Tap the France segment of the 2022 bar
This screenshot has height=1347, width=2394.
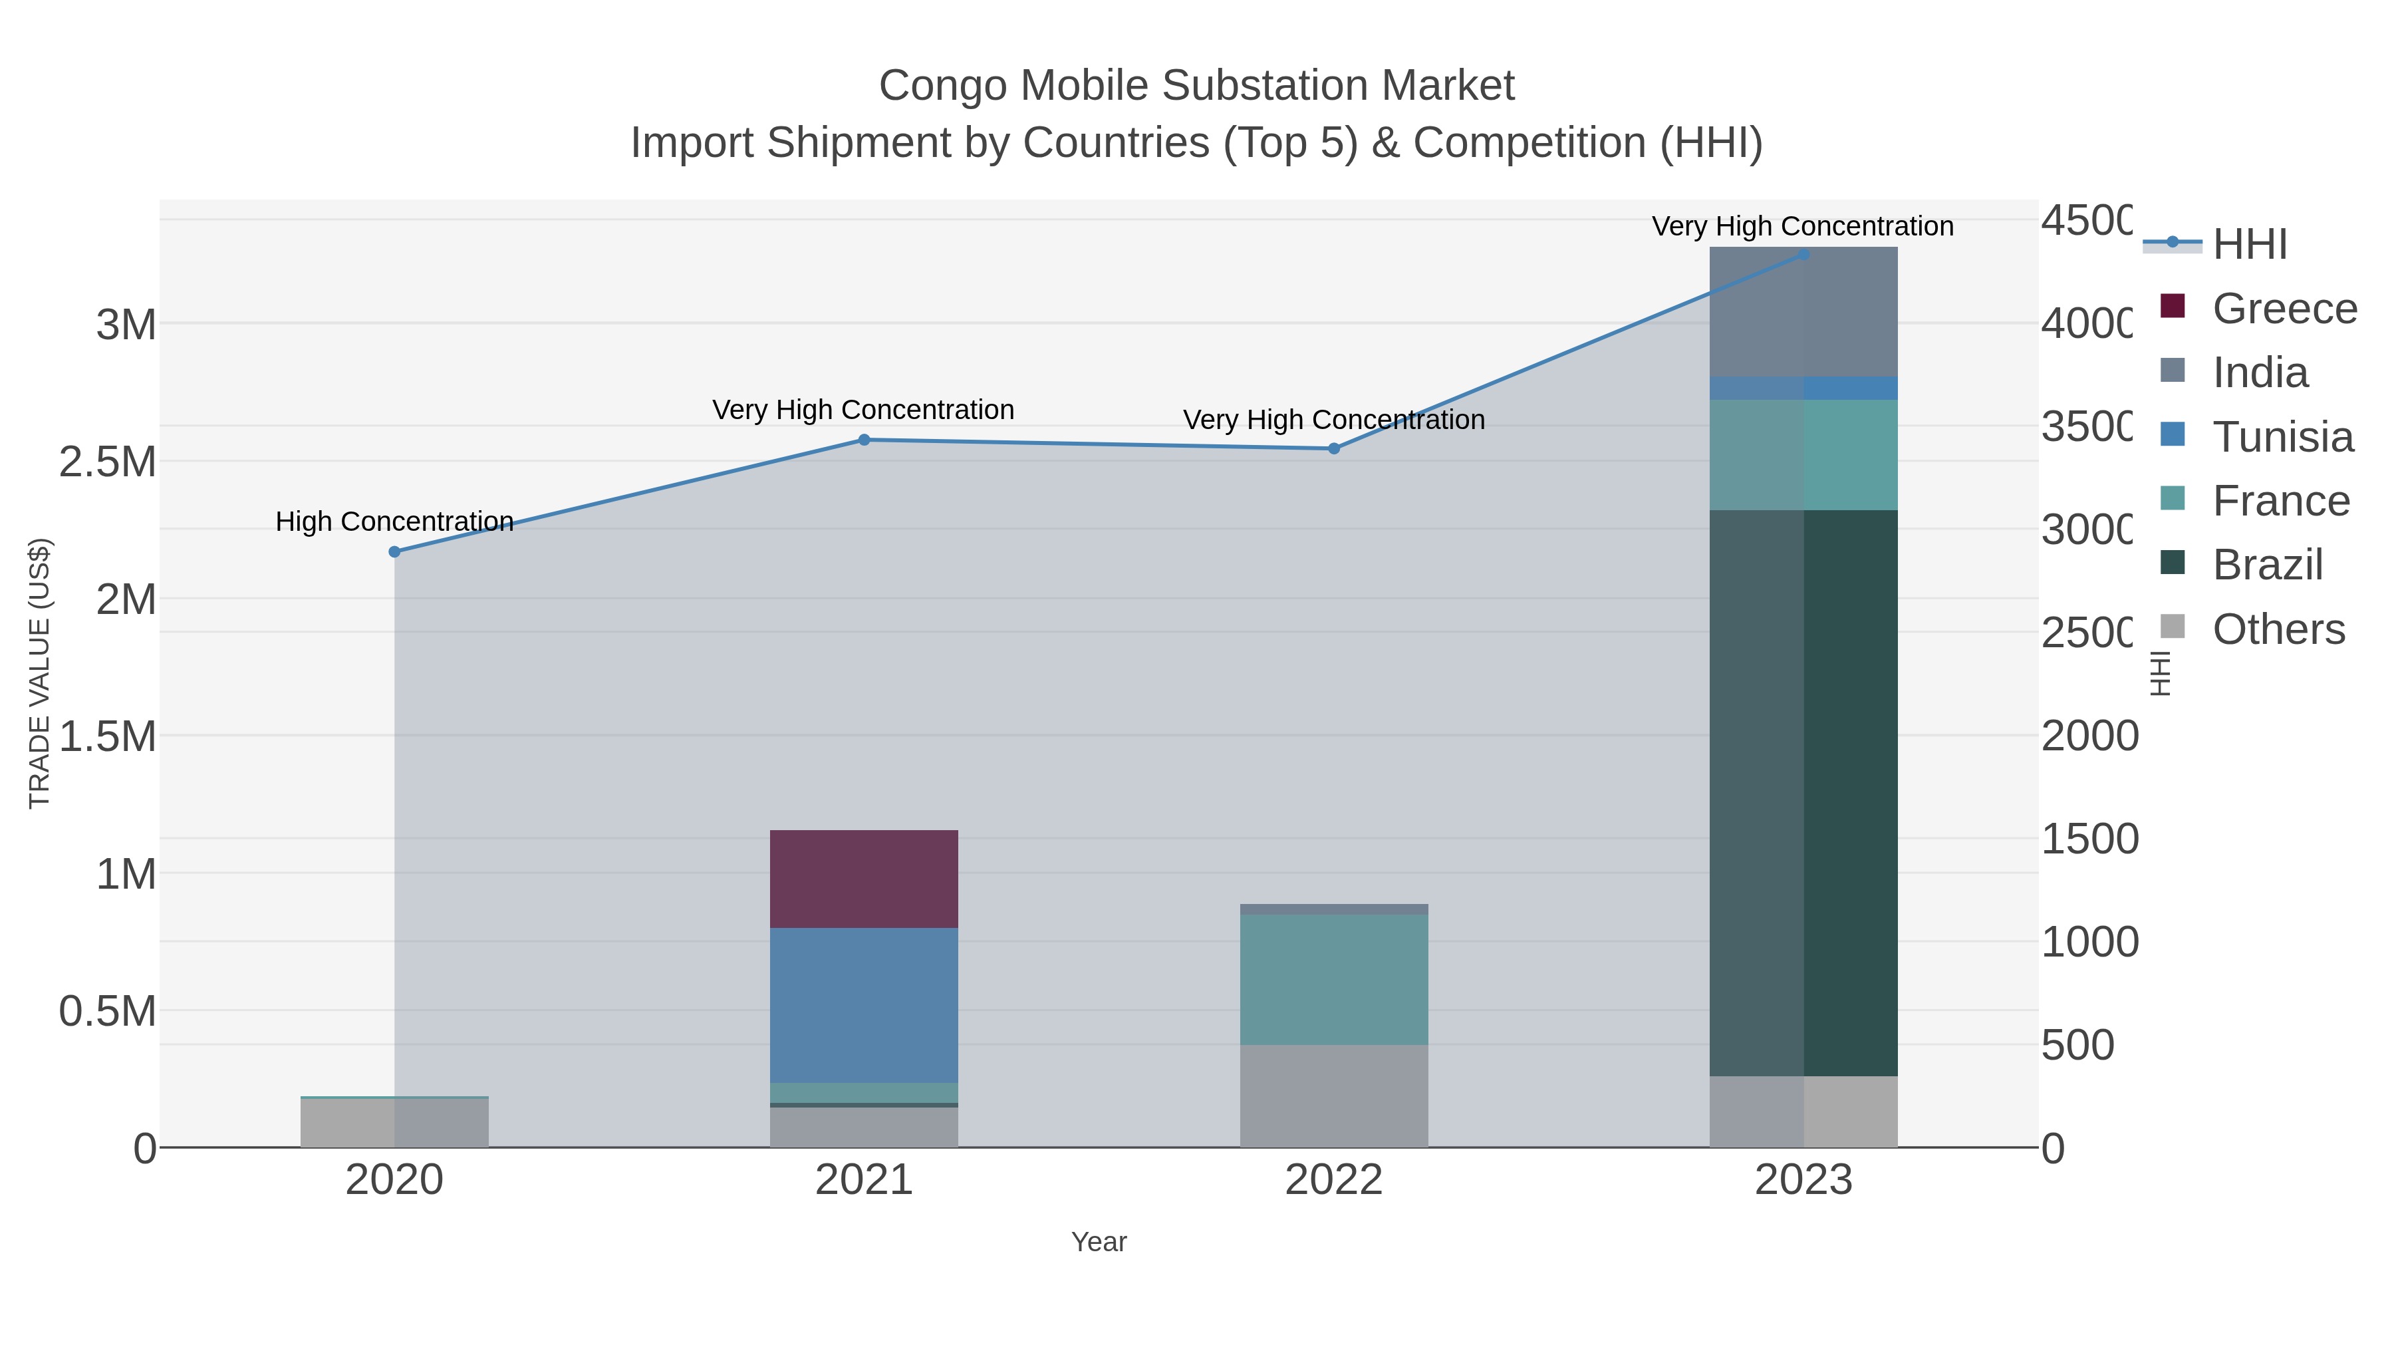coord(1333,979)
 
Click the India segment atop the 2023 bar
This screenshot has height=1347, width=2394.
coord(1803,311)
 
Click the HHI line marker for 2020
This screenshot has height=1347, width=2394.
coord(394,551)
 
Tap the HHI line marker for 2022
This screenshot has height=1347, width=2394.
coord(1333,448)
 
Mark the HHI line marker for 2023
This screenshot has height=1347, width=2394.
coord(1803,254)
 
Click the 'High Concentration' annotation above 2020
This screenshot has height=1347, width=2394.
coord(394,522)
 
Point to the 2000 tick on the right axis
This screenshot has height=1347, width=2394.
coord(2089,736)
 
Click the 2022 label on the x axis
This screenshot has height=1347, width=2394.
coord(1333,1181)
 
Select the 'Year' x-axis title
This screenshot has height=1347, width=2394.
coord(1099,1242)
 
